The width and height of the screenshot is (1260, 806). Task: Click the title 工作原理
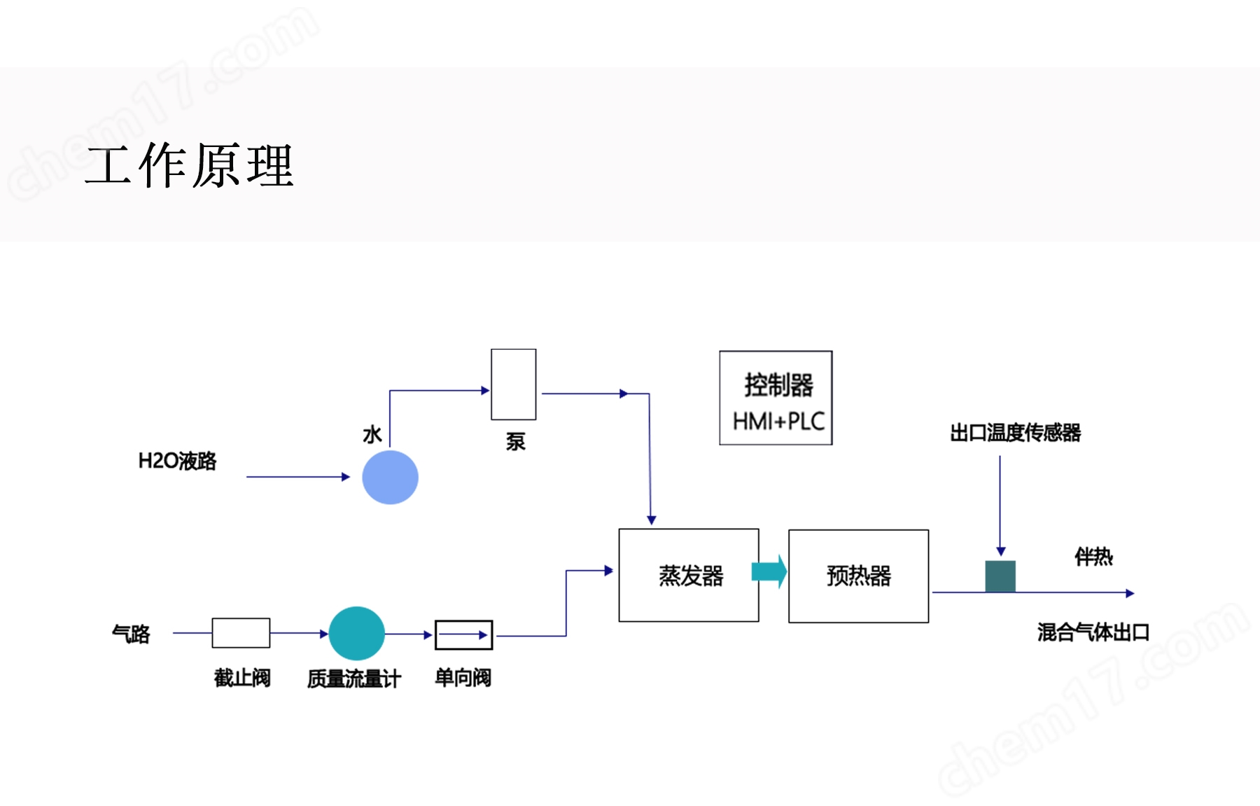(x=189, y=166)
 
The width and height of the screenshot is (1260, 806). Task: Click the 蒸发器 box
(x=689, y=575)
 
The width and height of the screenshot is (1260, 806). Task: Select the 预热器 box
(x=858, y=576)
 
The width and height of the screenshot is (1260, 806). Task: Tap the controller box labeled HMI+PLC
(x=776, y=397)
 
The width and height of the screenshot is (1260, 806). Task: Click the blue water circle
(x=390, y=477)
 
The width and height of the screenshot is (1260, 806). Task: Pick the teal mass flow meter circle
(x=356, y=633)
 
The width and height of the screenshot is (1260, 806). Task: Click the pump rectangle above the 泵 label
(x=513, y=384)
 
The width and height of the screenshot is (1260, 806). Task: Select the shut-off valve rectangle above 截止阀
(x=241, y=633)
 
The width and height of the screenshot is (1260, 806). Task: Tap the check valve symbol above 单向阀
(x=463, y=635)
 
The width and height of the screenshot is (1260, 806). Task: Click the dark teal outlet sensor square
(x=1000, y=576)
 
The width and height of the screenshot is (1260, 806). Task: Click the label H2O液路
(x=177, y=461)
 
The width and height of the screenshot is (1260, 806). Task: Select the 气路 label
(x=131, y=634)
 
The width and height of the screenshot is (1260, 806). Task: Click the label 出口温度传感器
(x=1015, y=433)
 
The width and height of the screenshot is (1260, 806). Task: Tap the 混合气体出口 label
(x=1093, y=632)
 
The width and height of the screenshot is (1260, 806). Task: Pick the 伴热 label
(x=1093, y=557)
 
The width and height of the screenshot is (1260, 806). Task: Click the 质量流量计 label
(x=353, y=679)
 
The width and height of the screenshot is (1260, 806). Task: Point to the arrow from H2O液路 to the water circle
(x=297, y=477)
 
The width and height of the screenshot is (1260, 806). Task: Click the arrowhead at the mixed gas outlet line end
(x=1129, y=593)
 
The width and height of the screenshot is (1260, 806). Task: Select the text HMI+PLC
(x=778, y=422)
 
